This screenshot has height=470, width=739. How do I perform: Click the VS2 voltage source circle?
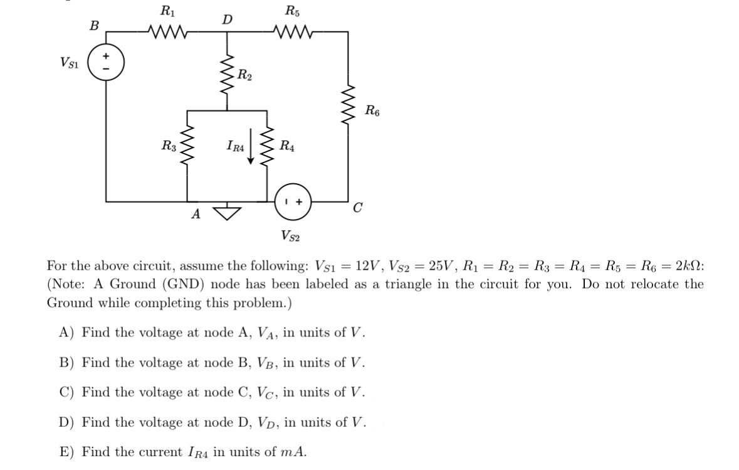pyautogui.click(x=293, y=202)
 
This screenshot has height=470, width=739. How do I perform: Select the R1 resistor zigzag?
pyautogui.click(x=167, y=30)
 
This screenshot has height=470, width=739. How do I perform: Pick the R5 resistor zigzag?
pyautogui.click(x=292, y=30)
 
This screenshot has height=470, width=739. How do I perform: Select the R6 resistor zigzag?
pyautogui.click(x=349, y=104)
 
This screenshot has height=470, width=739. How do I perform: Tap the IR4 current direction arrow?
pyautogui.click(x=251, y=147)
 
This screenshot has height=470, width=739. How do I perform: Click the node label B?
pyautogui.click(x=94, y=26)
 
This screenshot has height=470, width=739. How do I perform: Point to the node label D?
pyautogui.click(x=227, y=20)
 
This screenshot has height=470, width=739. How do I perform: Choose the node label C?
pyautogui.click(x=357, y=208)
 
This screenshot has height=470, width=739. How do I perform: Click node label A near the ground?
pyautogui.click(x=196, y=215)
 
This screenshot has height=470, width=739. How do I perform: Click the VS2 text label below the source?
pyautogui.click(x=290, y=236)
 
